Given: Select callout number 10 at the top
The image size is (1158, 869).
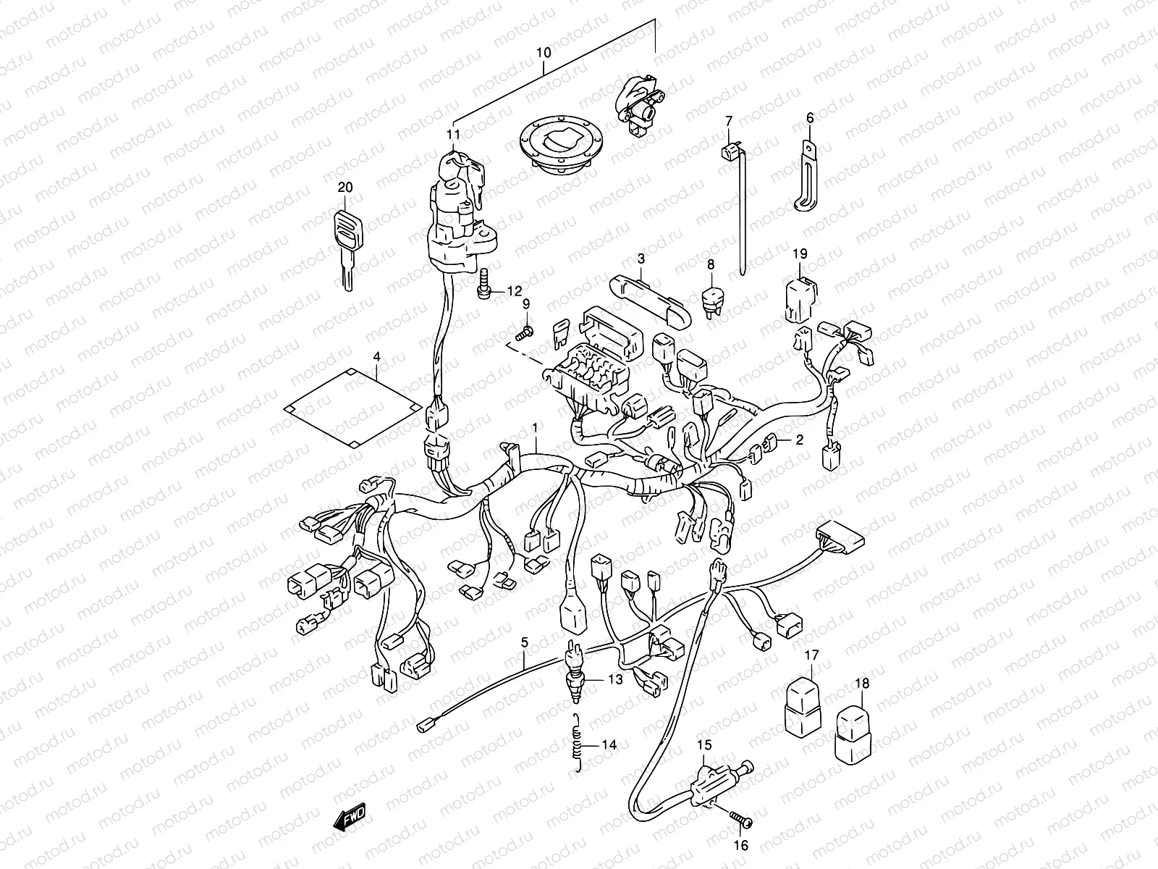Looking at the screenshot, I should pos(544,53).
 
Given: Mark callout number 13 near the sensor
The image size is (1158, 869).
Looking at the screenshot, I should pos(614,679).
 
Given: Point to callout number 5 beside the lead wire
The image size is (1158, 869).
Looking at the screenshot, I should pos(525,642).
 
